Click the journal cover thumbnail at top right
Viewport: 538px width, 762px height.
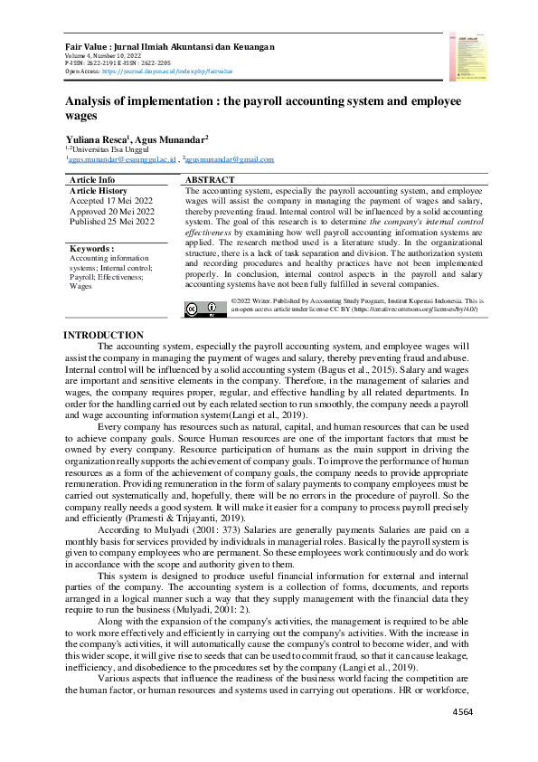(x=466, y=56)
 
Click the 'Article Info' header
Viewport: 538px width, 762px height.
(x=92, y=180)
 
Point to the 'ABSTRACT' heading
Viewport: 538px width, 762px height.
(x=210, y=180)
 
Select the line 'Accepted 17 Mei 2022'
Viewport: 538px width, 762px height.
(x=111, y=201)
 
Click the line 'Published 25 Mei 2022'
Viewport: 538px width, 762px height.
(x=112, y=221)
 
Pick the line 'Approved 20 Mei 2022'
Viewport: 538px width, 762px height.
(x=112, y=211)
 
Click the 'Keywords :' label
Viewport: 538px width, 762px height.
(x=91, y=248)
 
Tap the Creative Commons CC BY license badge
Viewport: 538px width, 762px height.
(x=205, y=309)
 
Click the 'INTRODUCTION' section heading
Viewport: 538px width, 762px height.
(x=102, y=336)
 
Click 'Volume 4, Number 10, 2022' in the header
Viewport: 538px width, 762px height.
(x=105, y=55)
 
